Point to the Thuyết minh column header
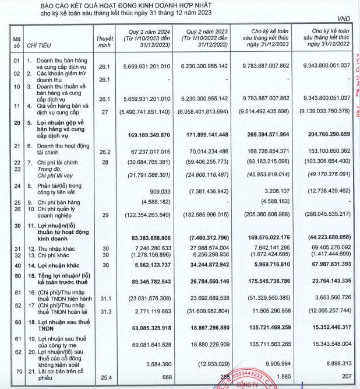(x=104, y=40)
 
